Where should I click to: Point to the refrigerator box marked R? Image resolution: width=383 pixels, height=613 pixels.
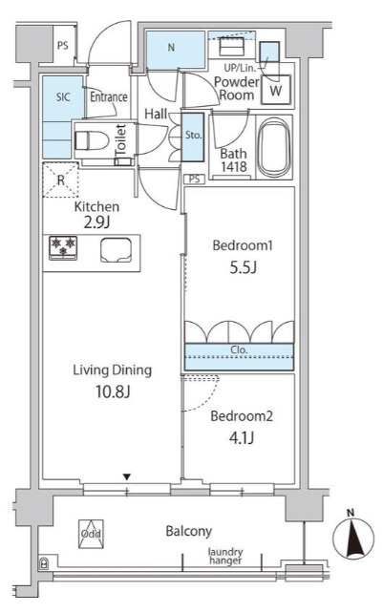pyautogui.click(x=60, y=179)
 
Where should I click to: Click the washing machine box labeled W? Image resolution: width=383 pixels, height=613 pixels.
pyautogui.click(x=276, y=91)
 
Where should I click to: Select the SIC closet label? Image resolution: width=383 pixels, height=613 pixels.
pyautogui.click(x=63, y=96)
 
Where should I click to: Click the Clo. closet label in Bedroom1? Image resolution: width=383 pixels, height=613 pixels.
pyautogui.click(x=238, y=349)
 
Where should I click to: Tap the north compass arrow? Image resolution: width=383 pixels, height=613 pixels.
pyautogui.click(x=353, y=539)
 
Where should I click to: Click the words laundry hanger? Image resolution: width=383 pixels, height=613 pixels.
pyautogui.click(x=226, y=557)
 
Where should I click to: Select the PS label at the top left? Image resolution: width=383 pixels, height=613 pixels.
pyautogui.click(x=62, y=45)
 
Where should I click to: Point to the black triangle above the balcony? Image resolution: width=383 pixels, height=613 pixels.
pyautogui.click(x=128, y=476)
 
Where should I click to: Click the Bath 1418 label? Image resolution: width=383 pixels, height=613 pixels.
pyautogui.click(x=233, y=160)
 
